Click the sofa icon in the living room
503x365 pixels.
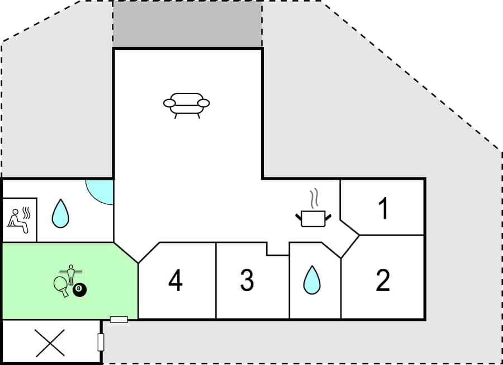click(x=186, y=104)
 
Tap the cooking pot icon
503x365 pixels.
click(x=312, y=217)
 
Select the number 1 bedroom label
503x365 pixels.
click(x=383, y=208)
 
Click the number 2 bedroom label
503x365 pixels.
click(x=383, y=280)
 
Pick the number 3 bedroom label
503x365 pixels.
click(x=247, y=280)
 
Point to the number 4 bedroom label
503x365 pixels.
click(x=175, y=280)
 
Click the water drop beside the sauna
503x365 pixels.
click(x=60, y=214)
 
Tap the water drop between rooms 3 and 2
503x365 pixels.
click(x=311, y=280)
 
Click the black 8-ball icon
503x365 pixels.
click(x=80, y=290)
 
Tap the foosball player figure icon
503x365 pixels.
click(x=71, y=273)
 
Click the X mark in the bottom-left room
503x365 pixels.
click(x=50, y=343)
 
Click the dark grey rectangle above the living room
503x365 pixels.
click(x=188, y=24)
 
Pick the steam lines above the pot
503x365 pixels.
click(x=314, y=198)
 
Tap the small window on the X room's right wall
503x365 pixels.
click(x=101, y=342)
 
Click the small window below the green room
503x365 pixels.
click(x=119, y=319)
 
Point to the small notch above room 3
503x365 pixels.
click(x=277, y=249)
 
